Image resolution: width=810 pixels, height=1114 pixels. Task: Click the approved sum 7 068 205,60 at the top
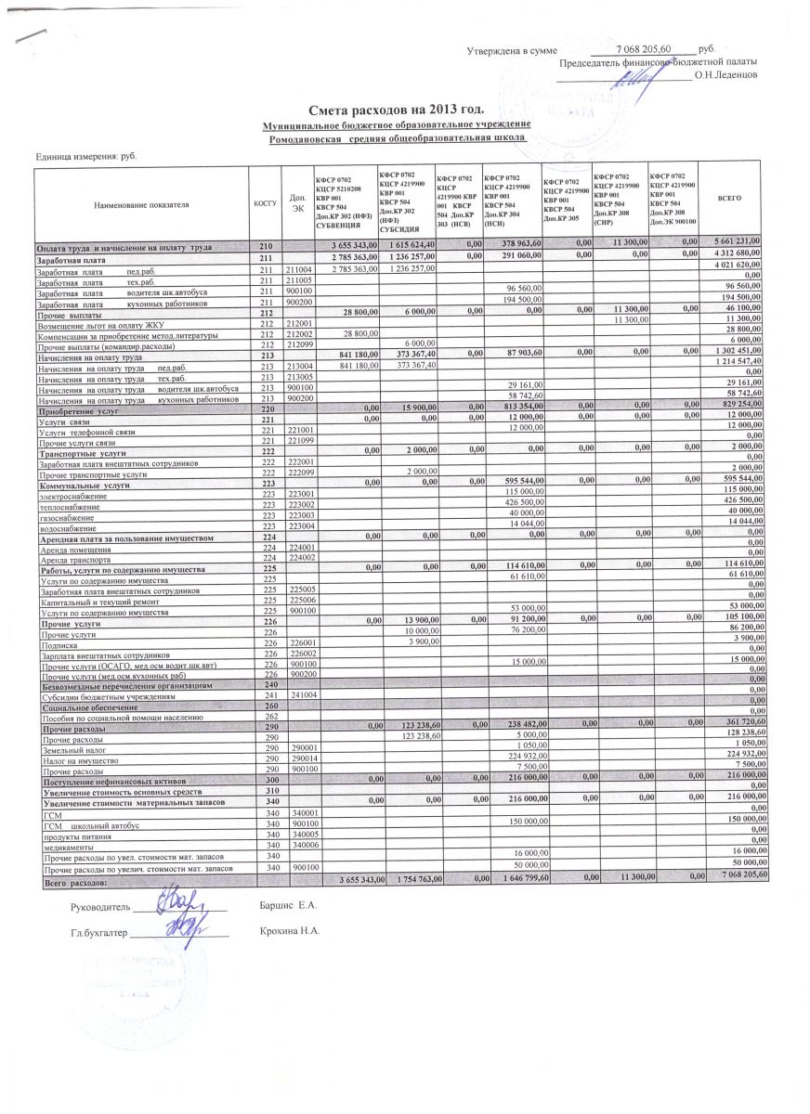(650, 48)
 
